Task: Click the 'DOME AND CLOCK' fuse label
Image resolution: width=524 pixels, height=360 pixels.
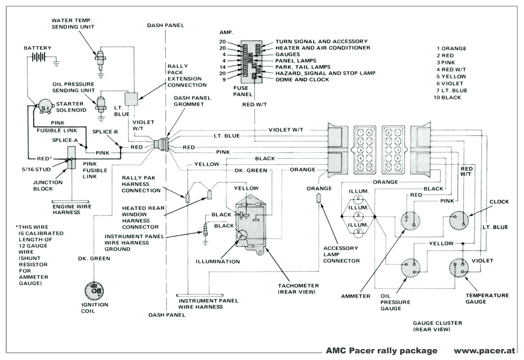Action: point(302,80)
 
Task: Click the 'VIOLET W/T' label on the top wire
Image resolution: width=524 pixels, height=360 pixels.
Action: point(286,130)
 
